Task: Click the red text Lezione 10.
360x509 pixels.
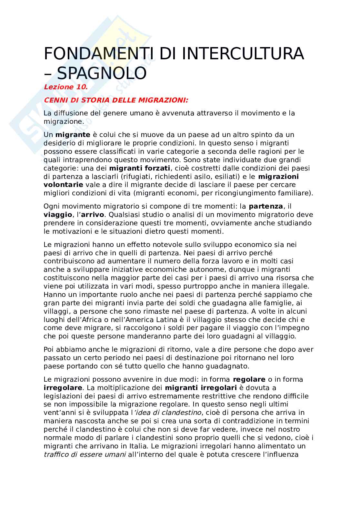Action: tap(66, 87)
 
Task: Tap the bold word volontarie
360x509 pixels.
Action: tap(63, 185)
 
